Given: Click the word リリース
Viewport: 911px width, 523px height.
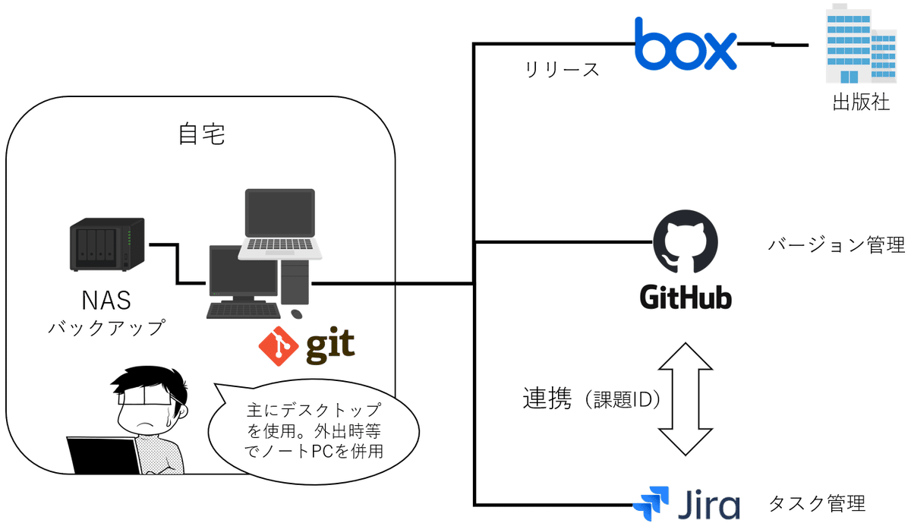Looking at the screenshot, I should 562,70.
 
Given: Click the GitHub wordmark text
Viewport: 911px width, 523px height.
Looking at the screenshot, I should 686,295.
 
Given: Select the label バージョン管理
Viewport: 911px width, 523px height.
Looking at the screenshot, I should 836,246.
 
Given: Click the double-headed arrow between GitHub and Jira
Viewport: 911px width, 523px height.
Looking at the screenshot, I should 686,399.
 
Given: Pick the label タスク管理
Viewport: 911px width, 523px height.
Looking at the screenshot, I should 817,503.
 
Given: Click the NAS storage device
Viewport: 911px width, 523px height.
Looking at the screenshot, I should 106,244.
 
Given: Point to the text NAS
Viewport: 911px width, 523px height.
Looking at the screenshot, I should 106,301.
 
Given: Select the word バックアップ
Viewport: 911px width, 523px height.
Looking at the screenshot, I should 106,328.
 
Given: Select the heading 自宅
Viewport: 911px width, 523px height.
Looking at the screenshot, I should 201,135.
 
